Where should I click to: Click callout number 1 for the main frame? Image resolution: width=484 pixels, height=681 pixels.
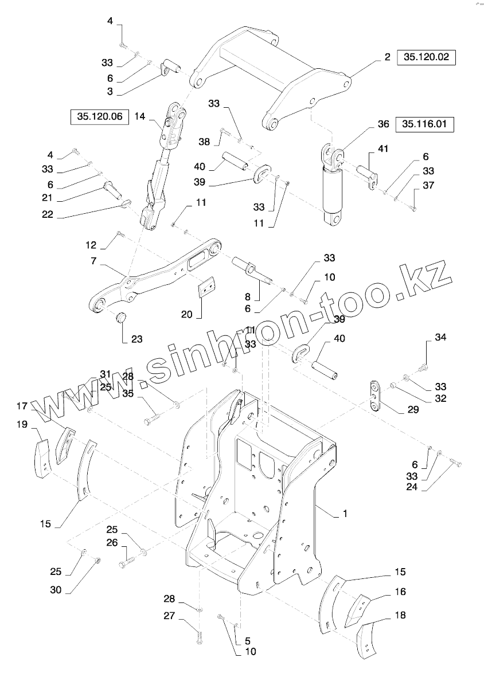tap(345, 515)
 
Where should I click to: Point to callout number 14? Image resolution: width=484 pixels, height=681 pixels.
tap(139, 116)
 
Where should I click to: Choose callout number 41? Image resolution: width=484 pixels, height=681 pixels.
tap(383, 149)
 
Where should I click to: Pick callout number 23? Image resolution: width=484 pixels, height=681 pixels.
tap(136, 339)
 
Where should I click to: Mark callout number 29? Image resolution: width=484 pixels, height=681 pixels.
tap(413, 410)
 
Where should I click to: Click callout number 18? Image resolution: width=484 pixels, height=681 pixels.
tap(400, 615)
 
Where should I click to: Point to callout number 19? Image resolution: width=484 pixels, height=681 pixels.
tap(22, 424)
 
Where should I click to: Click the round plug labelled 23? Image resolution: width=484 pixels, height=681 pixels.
tap(121, 317)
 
